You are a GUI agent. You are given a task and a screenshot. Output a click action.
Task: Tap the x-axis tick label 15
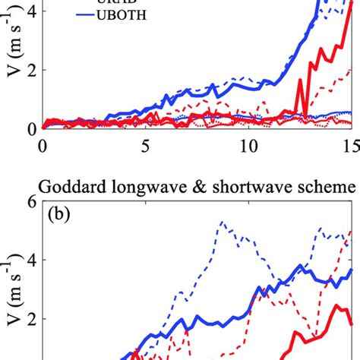(x=350, y=144)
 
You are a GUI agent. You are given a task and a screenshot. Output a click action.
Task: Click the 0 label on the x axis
(x=43, y=144)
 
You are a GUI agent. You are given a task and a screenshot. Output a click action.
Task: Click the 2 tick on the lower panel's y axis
(x=32, y=320)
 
